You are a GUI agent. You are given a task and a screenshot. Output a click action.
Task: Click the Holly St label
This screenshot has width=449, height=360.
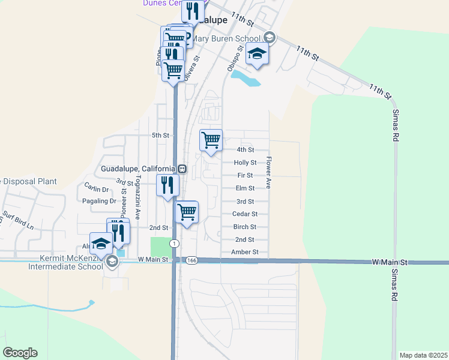tap(245, 163)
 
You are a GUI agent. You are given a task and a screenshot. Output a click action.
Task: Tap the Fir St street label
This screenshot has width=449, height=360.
tap(245, 175)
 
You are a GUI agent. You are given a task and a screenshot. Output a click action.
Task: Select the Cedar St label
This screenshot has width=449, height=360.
tap(245, 214)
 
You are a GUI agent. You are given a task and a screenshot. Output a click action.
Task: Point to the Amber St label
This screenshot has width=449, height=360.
tap(244, 253)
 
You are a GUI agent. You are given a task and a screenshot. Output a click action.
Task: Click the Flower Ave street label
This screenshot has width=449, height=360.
tap(269, 173)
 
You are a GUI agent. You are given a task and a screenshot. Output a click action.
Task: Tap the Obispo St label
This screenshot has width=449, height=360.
tap(233, 58)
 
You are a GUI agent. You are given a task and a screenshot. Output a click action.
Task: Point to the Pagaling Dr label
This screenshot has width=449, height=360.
tap(100, 202)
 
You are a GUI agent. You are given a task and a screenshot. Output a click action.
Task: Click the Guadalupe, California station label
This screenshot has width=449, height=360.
tap(138, 169)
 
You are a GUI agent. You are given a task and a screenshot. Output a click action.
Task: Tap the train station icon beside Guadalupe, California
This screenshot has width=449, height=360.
tap(182, 169)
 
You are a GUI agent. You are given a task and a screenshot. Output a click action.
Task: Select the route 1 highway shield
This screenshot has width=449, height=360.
tap(174, 243)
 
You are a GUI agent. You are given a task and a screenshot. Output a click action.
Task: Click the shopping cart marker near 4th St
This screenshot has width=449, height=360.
tap(211, 140)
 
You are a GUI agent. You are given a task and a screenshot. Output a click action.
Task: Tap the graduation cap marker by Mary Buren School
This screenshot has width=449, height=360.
tap(258, 54)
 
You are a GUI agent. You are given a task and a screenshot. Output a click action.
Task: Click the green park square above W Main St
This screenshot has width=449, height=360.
tap(160, 247)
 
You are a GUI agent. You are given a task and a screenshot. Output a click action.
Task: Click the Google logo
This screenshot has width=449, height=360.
tap(20, 353)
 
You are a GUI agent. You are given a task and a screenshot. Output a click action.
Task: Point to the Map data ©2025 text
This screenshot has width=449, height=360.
tap(423, 355)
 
